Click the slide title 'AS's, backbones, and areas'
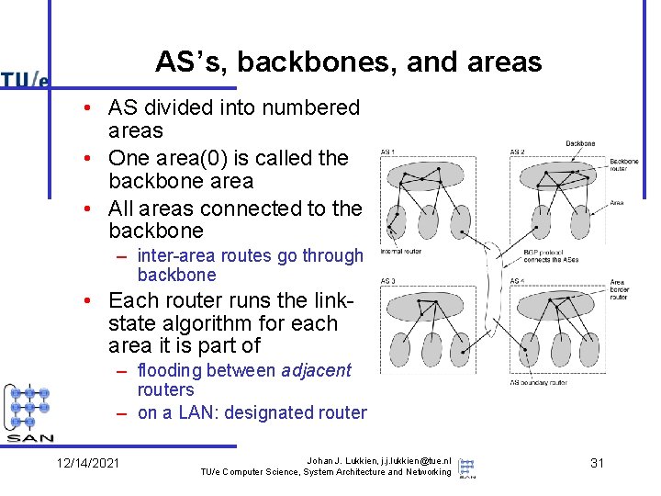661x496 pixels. point(348,62)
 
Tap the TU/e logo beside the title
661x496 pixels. point(25,79)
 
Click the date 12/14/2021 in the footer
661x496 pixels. point(87,463)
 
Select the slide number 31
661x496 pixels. point(597,463)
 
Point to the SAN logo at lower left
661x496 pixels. point(30,413)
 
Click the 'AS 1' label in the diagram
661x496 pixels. point(388,152)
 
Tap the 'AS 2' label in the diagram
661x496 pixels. point(519,152)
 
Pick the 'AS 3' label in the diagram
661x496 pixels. point(388,281)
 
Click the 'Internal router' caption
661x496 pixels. point(400,251)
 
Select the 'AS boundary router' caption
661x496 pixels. point(539,382)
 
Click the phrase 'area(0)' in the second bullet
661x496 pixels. point(202,158)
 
